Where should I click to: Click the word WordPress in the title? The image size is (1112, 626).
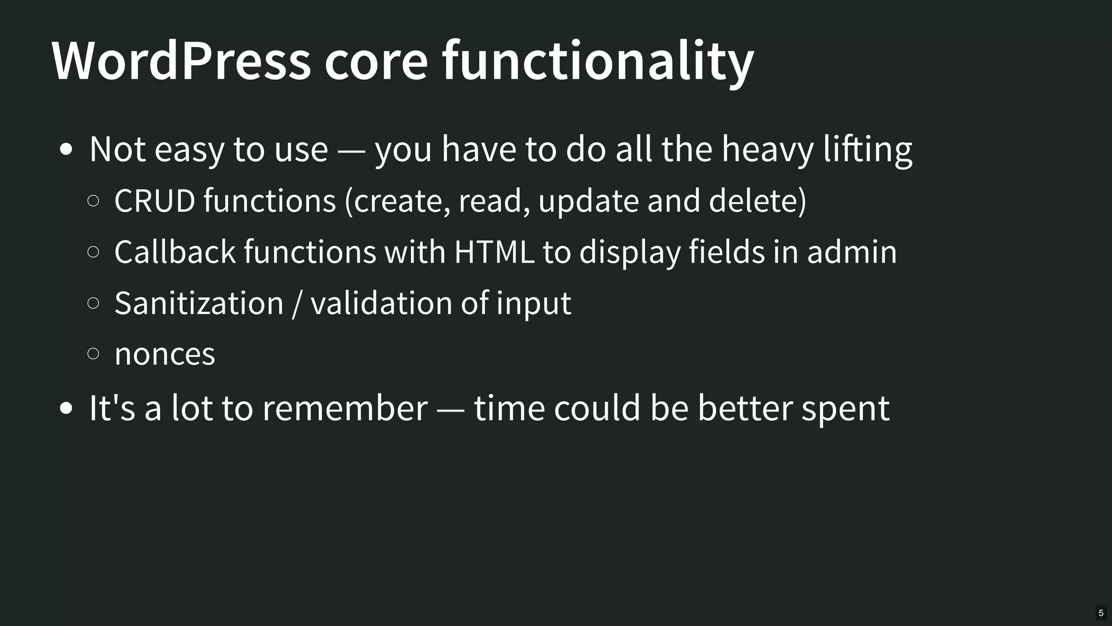coord(181,60)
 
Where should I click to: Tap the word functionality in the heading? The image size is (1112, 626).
coord(598,60)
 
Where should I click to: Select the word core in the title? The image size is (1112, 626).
coord(376,61)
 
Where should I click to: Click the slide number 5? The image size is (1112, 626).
coord(1101,613)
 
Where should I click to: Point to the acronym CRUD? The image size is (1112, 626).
coord(155,200)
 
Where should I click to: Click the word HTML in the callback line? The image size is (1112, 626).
coord(494,252)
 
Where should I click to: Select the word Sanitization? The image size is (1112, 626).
coord(199,303)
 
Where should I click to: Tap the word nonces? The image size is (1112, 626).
coord(165,355)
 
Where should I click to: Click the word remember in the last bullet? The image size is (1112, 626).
coord(345,408)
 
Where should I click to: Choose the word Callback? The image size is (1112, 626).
coord(175,252)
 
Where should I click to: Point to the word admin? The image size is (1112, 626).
coord(851,252)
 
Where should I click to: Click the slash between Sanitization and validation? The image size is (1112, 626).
coord(296,303)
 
